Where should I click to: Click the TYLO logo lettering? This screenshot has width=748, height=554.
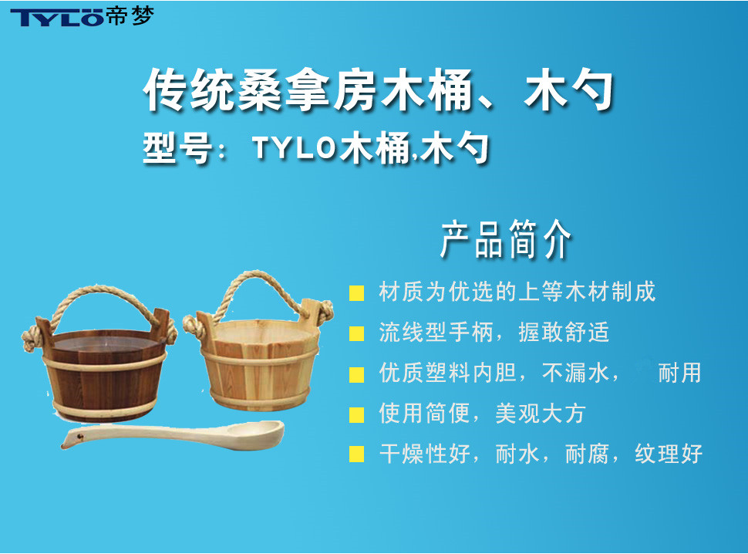[57, 17]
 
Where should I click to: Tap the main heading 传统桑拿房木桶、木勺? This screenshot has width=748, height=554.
[379, 90]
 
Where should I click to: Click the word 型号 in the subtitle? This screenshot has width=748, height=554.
[177, 148]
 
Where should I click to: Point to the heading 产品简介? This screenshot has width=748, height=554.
[506, 239]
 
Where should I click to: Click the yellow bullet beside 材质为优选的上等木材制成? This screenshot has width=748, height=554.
[357, 293]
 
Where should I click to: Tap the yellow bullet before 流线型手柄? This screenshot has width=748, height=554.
[357, 333]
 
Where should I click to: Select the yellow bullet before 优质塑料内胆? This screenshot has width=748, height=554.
[357, 374]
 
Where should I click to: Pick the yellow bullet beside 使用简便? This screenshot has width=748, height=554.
[357, 414]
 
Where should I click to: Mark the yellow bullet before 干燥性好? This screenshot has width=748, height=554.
[357, 454]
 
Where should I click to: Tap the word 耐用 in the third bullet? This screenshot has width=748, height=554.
[680, 373]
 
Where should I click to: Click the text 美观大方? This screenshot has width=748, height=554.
[540, 414]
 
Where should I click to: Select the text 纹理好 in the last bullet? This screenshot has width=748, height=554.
[669, 454]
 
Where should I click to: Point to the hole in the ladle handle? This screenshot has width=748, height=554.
[79, 436]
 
